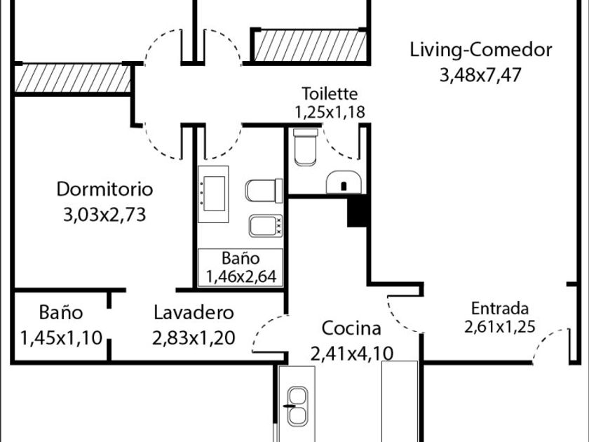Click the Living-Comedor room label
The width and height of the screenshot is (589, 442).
point(481,51)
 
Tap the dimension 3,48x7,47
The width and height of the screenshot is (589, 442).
point(480,75)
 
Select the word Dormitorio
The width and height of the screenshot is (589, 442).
point(104,189)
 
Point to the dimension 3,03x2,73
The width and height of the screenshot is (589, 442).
point(104,215)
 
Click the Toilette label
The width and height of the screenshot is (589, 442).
point(330,93)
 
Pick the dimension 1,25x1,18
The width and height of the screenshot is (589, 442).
point(330,112)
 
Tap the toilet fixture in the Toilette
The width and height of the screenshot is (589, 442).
point(305,147)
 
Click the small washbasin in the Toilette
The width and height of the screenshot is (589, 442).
point(344,182)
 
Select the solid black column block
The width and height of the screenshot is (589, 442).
point(357,212)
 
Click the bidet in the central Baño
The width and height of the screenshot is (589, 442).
point(266,225)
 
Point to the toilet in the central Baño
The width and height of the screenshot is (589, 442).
point(264,191)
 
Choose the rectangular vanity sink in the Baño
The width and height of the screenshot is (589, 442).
point(213,194)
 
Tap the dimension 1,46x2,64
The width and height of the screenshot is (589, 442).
point(241,276)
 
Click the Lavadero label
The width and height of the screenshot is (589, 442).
point(194,313)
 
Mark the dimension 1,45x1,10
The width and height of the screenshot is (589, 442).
point(61,337)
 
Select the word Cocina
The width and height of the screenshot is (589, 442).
point(351,328)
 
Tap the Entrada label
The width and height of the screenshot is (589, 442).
point(500,309)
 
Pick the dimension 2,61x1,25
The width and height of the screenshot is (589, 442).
point(499,326)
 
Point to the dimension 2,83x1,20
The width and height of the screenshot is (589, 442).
point(194,337)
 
